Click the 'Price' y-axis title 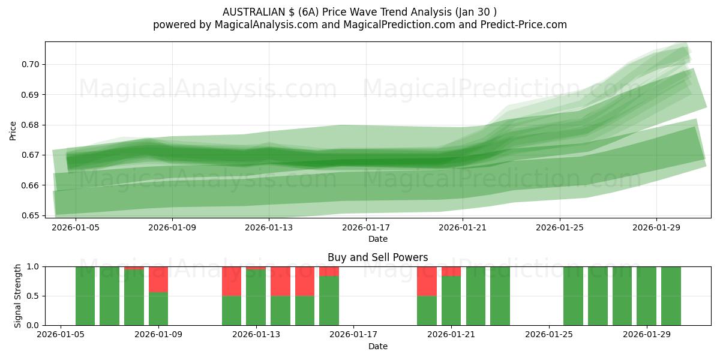click(13, 130)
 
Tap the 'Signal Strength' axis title click(17, 296)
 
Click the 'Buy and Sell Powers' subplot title click(377, 257)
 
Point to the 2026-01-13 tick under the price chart click(269, 228)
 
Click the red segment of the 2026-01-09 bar click(158, 279)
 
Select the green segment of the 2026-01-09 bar click(158, 308)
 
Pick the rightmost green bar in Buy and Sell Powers click(671, 296)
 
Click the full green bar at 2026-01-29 click(646, 296)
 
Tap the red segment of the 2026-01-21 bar click(451, 271)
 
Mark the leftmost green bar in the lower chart click(85, 296)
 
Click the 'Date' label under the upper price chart click(377, 239)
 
